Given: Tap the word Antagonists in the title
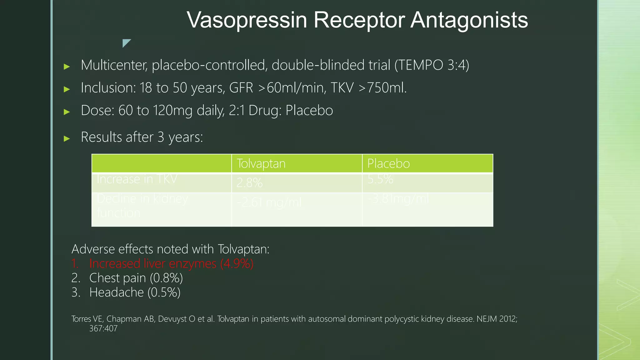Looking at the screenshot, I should pyautogui.click(x=469, y=20).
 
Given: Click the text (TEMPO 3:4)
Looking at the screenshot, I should pyautogui.click(x=432, y=65).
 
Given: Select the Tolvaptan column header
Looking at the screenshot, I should pyautogui.click(x=261, y=163).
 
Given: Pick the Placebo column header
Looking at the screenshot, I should pyautogui.click(x=388, y=163).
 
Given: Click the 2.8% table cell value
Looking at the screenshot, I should pyautogui.click(x=249, y=182).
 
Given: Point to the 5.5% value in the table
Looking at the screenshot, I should pyautogui.click(x=380, y=179).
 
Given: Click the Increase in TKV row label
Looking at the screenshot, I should pyautogui.click(x=137, y=179).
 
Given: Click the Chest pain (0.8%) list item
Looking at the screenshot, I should pyautogui.click(x=136, y=278).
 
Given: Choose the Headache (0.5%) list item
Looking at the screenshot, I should pyautogui.click(x=135, y=292).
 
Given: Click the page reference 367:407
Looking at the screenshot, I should pyautogui.click(x=103, y=328).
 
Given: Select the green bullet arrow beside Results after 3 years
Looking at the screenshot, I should pyautogui.click(x=67, y=138).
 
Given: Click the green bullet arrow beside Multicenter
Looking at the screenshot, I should pyautogui.click(x=67, y=66).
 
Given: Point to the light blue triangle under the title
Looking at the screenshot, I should pyautogui.click(x=126, y=42).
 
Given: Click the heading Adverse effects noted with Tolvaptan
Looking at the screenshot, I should pyautogui.click(x=170, y=249).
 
